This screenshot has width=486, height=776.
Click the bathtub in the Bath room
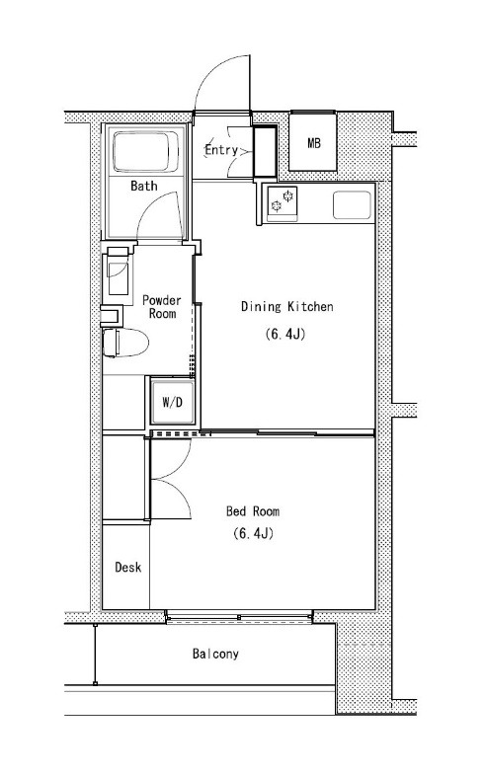[x=145, y=151]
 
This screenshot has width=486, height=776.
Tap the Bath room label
[x=144, y=186]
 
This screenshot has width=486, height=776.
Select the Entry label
[x=221, y=149]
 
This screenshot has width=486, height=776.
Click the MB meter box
[x=313, y=142]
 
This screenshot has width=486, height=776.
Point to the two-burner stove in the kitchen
[x=283, y=202]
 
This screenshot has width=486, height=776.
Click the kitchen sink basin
[x=352, y=205]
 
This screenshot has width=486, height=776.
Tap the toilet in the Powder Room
[x=125, y=342]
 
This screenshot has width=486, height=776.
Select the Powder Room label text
[x=161, y=307]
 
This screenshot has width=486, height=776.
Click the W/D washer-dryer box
[x=173, y=402]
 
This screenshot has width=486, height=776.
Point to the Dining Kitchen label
[x=286, y=306]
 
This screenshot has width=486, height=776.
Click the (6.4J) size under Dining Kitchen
[x=284, y=334]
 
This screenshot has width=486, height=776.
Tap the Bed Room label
[x=253, y=510]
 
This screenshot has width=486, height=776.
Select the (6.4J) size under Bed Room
[x=253, y=533]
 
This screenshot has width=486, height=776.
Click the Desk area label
[x=127, y=567]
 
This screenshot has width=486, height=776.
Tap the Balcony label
[x=215, y=654]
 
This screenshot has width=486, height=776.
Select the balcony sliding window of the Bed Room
[x=239, y=617]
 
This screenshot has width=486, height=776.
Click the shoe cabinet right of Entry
[x=265, y=151]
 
